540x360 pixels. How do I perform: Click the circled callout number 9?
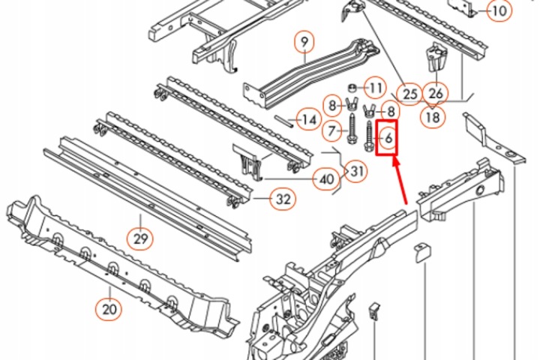point(304,42)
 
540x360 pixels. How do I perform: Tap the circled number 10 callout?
point(499,10)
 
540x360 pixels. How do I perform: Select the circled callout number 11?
point(375,88)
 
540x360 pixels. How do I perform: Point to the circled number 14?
point(308,119)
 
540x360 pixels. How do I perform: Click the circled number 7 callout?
point(332,131)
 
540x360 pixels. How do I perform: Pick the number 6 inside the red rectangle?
point(388,139)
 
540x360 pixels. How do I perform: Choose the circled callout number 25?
point(409,94)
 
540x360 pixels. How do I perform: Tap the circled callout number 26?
point(436,93)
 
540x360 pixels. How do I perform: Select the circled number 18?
point(433,117)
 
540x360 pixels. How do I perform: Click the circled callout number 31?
point(356,171)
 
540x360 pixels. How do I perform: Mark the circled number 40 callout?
point(326,178)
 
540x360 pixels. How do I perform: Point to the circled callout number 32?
point(283,199)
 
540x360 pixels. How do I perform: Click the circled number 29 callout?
point(139,238)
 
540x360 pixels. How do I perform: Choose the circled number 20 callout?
point(109,309)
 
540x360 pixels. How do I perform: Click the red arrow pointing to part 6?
point(400,180)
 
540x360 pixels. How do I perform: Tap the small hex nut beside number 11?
point(352,88)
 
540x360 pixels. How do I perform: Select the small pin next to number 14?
point(284,121)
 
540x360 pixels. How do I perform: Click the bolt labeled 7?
point(352,130)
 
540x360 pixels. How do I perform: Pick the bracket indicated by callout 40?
point(247,161)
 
